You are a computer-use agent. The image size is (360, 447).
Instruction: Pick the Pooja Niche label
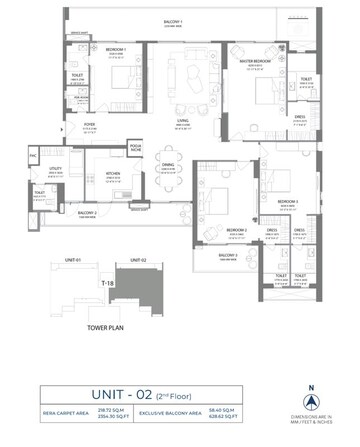(x=135, y=147)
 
